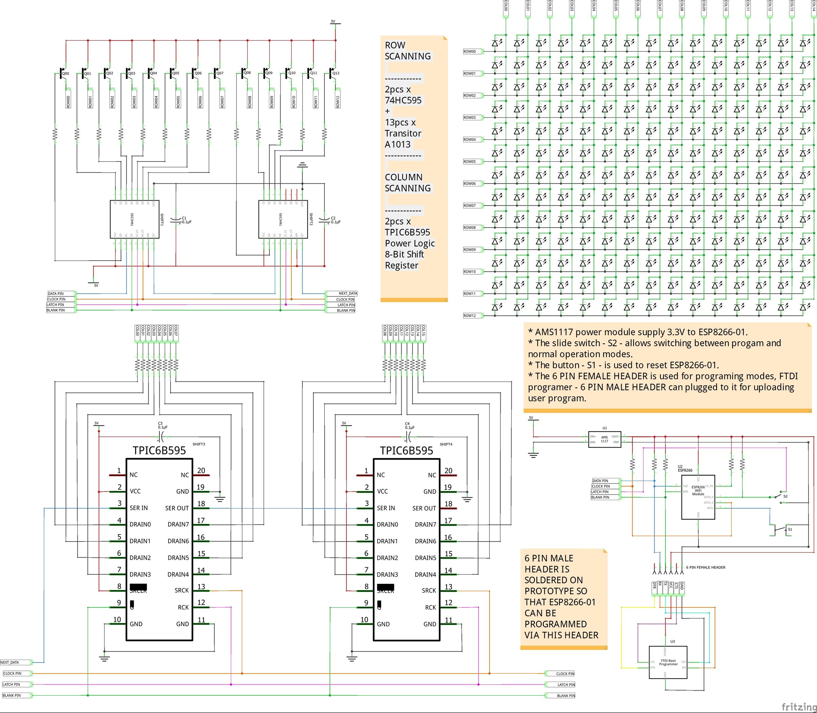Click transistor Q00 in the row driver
coord(62,74)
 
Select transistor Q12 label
coord(336,73)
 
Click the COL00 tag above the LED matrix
coord(506,7)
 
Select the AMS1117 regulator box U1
coord(604,439)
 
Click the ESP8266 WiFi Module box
coord(698,497)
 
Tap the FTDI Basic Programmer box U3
coord(668,663)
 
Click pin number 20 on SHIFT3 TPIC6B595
coord(201,470)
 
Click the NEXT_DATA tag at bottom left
coord(10,663)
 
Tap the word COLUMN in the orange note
coord(403,177)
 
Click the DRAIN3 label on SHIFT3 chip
coord(140,574)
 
